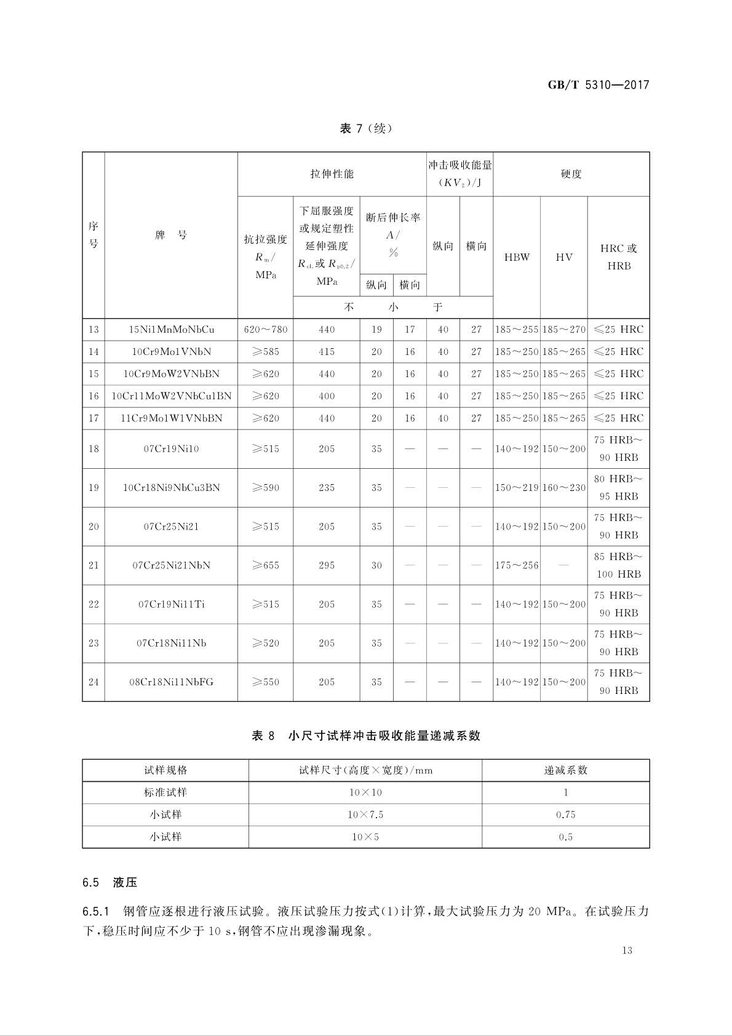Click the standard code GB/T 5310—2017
[598, 86]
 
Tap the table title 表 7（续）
[365, 129]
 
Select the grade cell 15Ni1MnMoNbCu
[171, 330]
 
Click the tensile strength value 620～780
[265, 330]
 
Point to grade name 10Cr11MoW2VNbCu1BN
[171, 396]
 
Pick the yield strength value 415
[327, 352]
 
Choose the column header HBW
[517, 257]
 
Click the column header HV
[563, 257]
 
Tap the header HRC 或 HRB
[618, 257]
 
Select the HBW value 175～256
[517, 565]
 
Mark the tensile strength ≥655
[265, 565]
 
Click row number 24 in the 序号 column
[93, 682]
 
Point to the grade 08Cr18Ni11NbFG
[171, 682]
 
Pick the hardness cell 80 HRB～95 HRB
[618, 487]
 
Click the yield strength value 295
[327, 565]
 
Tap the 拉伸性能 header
[332, 174]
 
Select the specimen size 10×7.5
[365, 815]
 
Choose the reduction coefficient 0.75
[565, 815]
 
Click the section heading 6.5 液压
[110, 883]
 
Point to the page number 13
[627, 950]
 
